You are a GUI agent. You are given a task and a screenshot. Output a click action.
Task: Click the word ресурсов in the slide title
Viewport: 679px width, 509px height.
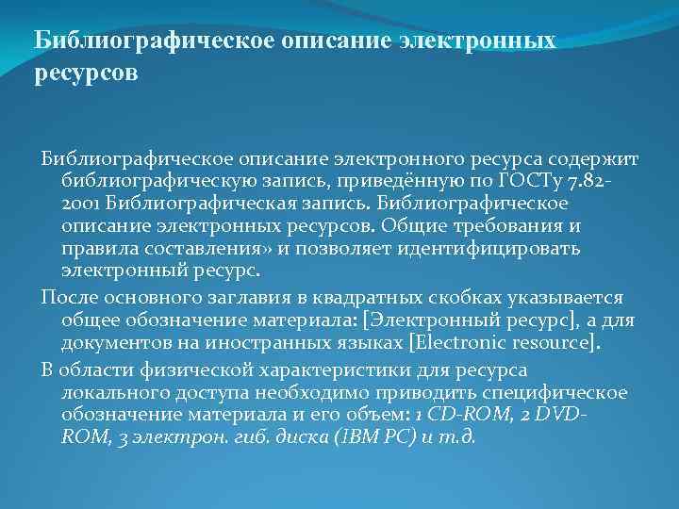(x=86, y=74)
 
